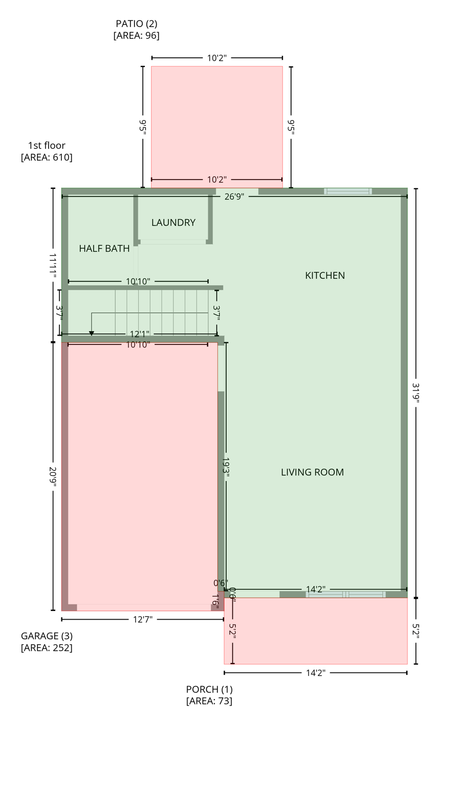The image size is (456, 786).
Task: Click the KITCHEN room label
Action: tap(324, 275)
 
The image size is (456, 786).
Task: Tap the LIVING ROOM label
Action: tap(312, 472)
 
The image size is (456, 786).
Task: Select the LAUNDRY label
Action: tap(173, 223)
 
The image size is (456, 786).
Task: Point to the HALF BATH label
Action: tap(104, 249)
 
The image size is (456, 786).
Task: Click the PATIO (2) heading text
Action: tap(136, 24)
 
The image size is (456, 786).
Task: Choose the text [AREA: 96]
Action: tap(136, 35)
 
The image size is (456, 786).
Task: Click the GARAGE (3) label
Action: tap(47, 636)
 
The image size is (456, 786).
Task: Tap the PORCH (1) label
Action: tap(209, 689)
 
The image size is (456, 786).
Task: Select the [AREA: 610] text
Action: tap(47, 157)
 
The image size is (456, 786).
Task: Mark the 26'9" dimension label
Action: tap(234, 196)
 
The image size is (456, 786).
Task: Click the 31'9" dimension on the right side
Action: tap(416, 393)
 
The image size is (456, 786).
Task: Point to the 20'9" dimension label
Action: tap(53, 476)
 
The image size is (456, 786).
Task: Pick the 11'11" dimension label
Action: tap(53, 266)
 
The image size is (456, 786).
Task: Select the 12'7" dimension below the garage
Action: tap(142, 620)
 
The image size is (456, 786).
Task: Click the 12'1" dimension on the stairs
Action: tap(139, 334)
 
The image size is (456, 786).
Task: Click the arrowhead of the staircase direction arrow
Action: tap(92, 333)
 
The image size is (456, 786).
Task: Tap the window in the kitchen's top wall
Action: tap(348, 191)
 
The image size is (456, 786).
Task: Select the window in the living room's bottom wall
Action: tap(346, 595)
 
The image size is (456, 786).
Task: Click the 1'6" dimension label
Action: tap(215, 601)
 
